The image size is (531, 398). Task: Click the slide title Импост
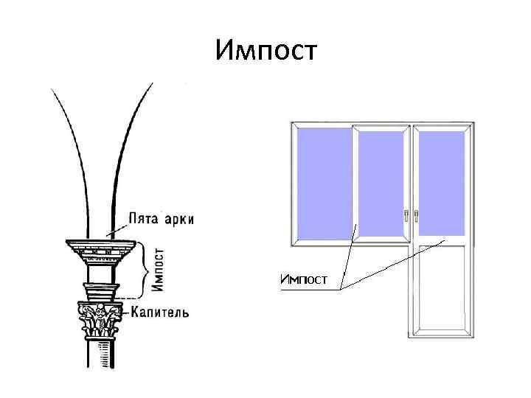coord(266,51)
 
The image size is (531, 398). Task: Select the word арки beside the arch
coord(180,220)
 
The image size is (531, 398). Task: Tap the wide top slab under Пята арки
coord(101,242)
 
